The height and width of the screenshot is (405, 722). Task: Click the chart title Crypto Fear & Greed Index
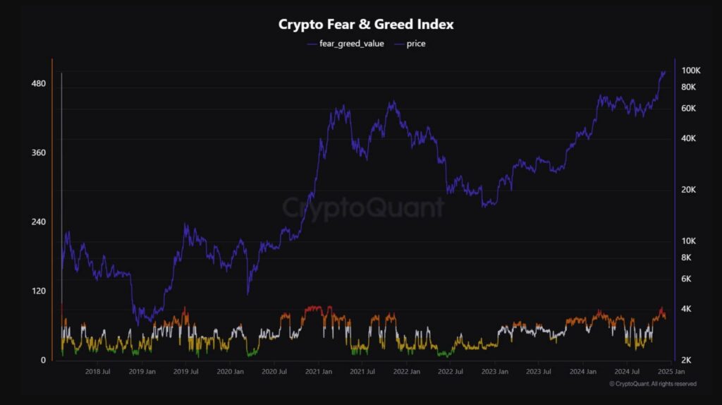point(366,24)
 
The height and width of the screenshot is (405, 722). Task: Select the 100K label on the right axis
point(690,71)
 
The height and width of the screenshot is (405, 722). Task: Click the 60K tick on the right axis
point(688,108)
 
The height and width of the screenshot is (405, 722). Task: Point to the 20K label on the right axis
point(688,190)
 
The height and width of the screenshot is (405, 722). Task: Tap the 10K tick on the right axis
point(688,241)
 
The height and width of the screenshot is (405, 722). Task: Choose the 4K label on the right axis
point(686,309)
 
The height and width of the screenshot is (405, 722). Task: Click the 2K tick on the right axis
point(686,360)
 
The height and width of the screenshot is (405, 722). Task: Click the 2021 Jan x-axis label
point(319,371)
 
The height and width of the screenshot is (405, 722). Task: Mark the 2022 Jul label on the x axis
point(450,371)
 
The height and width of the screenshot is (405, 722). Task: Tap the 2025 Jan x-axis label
point(670,371)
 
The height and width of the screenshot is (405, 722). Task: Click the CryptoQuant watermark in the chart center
point(364,207)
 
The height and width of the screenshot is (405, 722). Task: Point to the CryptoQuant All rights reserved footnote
point(653,384)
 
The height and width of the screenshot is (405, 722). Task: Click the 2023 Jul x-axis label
point(538,371)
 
